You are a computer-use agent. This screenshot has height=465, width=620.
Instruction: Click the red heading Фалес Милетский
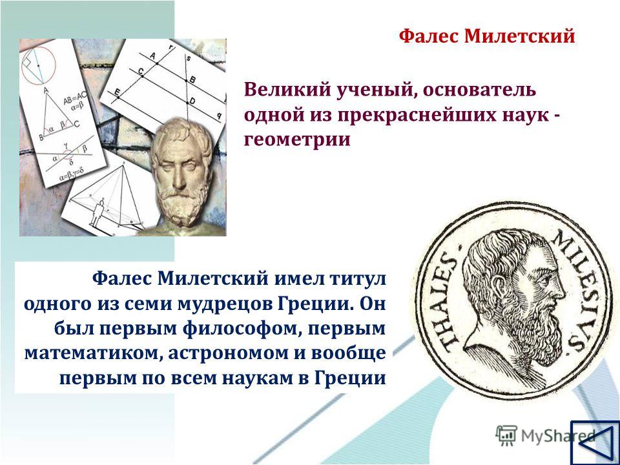(x=487, y=36)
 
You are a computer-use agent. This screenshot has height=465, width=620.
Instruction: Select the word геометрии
(x=297, y=139)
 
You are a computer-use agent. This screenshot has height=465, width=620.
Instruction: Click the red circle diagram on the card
(x=38, y=65)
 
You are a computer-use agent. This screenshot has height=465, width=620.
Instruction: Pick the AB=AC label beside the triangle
(x=75, y=98)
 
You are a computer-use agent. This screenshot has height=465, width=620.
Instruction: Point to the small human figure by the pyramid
(x=98, y=214)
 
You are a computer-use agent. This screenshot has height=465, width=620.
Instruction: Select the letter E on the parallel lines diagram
(x=117, y=93)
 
